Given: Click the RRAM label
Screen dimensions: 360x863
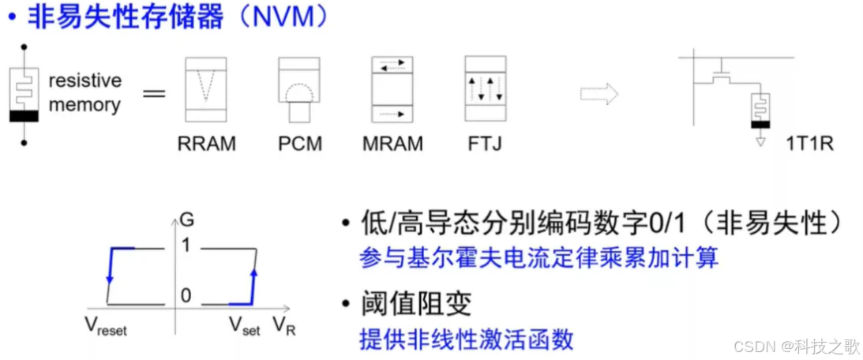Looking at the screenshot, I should click(207, 144).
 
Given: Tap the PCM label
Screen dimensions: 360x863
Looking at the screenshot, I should click(300, 144).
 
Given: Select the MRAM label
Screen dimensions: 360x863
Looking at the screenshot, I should click(392, 144).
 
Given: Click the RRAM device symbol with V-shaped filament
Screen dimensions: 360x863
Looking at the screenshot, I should click(206, 89).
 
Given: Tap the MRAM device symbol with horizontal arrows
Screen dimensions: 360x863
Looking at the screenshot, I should click(392, 89).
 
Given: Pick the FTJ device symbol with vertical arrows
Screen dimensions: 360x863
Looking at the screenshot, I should click(484, 89).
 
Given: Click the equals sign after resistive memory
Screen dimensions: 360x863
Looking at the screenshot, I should click(153, 94).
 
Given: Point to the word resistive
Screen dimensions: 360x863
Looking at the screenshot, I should click(84, 81).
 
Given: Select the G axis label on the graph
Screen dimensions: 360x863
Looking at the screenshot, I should click(186, 218).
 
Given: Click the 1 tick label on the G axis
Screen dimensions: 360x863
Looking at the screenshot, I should click(186, 246).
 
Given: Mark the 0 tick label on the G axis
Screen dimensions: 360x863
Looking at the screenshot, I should click(186, 295).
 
